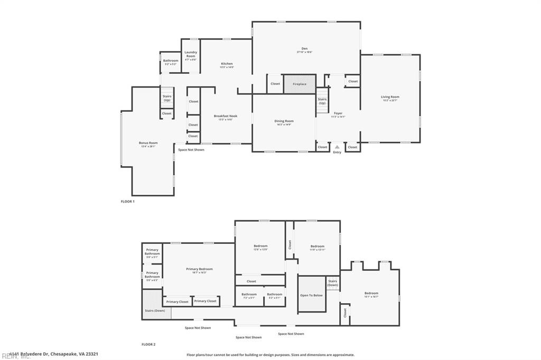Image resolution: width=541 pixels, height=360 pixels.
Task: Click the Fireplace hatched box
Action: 300,84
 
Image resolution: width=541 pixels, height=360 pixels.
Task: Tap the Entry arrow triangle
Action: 337,147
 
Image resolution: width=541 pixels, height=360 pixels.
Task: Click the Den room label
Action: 304,50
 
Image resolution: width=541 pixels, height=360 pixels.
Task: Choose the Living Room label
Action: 390,98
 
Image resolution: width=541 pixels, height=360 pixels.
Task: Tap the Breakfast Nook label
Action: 226,117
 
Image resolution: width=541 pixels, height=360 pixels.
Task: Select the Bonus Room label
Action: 148,144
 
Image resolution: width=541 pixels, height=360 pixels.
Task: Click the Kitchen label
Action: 226,64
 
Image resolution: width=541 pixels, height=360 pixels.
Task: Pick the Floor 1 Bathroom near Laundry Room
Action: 171,62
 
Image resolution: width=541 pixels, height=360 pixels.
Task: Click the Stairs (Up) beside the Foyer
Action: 322,100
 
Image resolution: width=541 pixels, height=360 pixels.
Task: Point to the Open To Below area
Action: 311,295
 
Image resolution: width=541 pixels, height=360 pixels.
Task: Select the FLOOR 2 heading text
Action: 148,344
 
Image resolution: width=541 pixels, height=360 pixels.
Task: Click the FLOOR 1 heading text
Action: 128,202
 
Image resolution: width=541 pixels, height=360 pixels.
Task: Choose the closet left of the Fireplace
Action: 275,84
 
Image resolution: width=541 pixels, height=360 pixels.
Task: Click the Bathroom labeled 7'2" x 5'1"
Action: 249,295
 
